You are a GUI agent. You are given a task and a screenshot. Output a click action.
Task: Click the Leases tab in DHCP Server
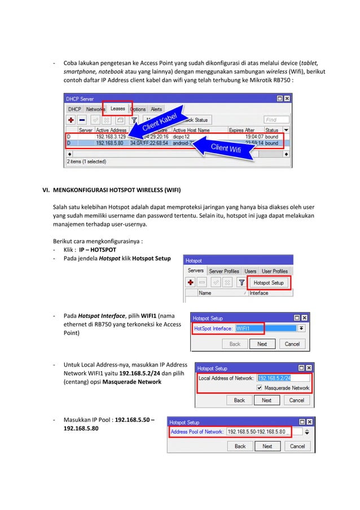[117, 109]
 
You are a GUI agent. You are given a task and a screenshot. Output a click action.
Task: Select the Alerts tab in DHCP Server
[156, 109]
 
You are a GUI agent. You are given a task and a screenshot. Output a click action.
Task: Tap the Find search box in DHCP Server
[276, 120]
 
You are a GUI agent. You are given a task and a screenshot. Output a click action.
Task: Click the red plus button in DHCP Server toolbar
[71, 120]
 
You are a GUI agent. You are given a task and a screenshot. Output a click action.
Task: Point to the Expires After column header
[244, 130]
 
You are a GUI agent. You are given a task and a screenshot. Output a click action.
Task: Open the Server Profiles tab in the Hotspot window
[224, 271]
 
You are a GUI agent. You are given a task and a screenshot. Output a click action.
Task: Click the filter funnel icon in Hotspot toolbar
[242, 282]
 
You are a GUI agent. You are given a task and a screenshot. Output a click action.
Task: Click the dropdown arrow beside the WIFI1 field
[301, 328]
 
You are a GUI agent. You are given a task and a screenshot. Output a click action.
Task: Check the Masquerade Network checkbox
[259, 388]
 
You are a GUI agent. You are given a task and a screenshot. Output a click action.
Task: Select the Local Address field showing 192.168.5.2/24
[274, 378]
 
